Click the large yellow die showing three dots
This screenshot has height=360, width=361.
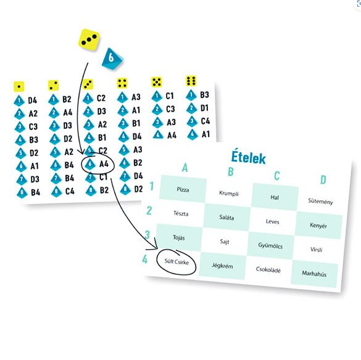click(x=89, y=39)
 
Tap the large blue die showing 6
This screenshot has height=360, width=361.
click(x=112, y=59)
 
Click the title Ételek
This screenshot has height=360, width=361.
click(x=249, y=157)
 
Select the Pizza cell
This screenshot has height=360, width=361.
click(x=183, y=189)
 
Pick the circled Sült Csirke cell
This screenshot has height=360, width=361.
click(x=176, y=261)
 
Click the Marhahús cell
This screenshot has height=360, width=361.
click(x=314, y=274)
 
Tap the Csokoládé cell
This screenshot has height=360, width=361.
click(x=268, y=269)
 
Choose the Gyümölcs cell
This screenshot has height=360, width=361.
click(x=270, y=245)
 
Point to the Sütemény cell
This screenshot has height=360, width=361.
click(x=320, y=202)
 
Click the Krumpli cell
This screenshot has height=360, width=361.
click(x=228, y=193)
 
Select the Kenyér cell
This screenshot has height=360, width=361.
click(x=318, y=226)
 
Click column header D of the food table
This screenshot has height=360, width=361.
click(x=323, y=179)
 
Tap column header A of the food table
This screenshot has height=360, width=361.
click(x=185, y=168)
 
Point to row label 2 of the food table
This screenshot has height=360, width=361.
click(x=149, y=210)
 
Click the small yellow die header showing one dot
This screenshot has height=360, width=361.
click(x=19, y=86)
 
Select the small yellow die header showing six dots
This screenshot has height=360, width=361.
click(x=191, y=81)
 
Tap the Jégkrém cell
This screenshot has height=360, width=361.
click(x=222, y=266)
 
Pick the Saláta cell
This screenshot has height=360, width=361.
click(x=226, y=217)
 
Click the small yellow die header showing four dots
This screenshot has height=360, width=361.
click(x=122, y=83)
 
